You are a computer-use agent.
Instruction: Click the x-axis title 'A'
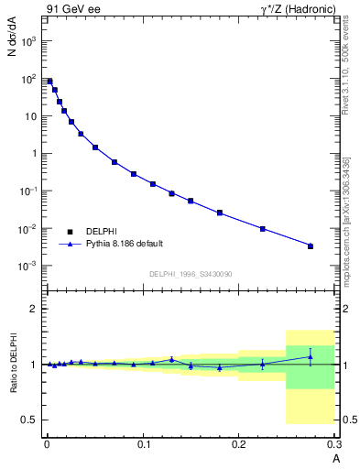coord(336,457)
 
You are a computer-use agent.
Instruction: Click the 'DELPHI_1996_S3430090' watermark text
coord(190,274)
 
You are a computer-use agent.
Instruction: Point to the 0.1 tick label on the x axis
coord(143,444)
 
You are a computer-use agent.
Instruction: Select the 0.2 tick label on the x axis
coord(240,444)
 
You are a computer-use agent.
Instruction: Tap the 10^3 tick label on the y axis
coord(29,42)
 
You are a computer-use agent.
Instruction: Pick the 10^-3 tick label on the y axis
coord(29,266)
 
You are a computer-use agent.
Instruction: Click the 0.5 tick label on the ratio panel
coord(30,420)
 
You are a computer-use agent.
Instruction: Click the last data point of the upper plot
coord(311,245)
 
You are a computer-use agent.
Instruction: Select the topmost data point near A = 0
coord(49,82)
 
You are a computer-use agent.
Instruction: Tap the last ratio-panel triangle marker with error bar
coord(311,356)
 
